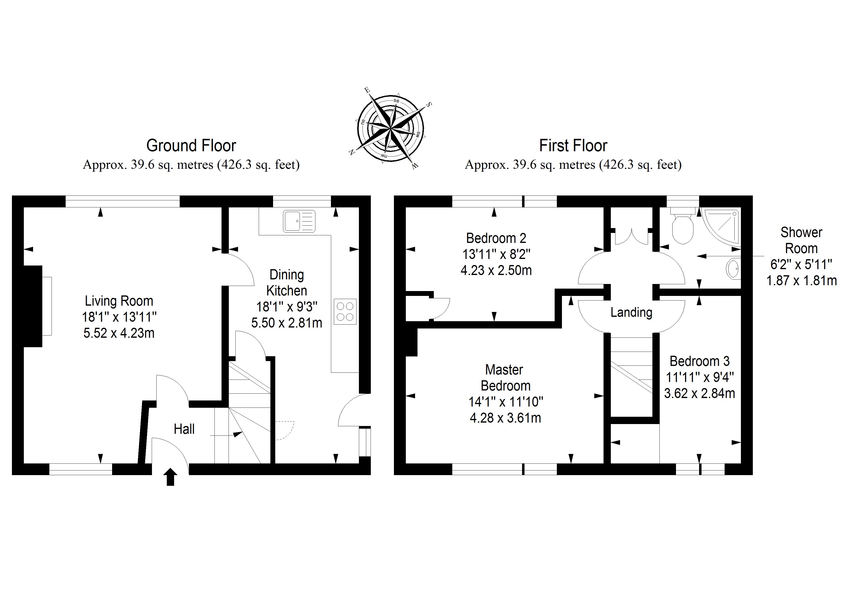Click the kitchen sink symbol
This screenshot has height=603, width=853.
299,222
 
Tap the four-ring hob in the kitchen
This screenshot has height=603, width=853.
345,311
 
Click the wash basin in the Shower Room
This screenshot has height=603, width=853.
733,269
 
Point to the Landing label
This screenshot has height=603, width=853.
631,312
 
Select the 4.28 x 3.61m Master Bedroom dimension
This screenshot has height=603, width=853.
505,418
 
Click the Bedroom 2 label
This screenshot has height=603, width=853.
496,238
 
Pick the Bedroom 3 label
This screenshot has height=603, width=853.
700,361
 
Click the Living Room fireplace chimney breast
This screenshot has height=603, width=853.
33,306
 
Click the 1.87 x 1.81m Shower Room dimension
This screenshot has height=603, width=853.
801,281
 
